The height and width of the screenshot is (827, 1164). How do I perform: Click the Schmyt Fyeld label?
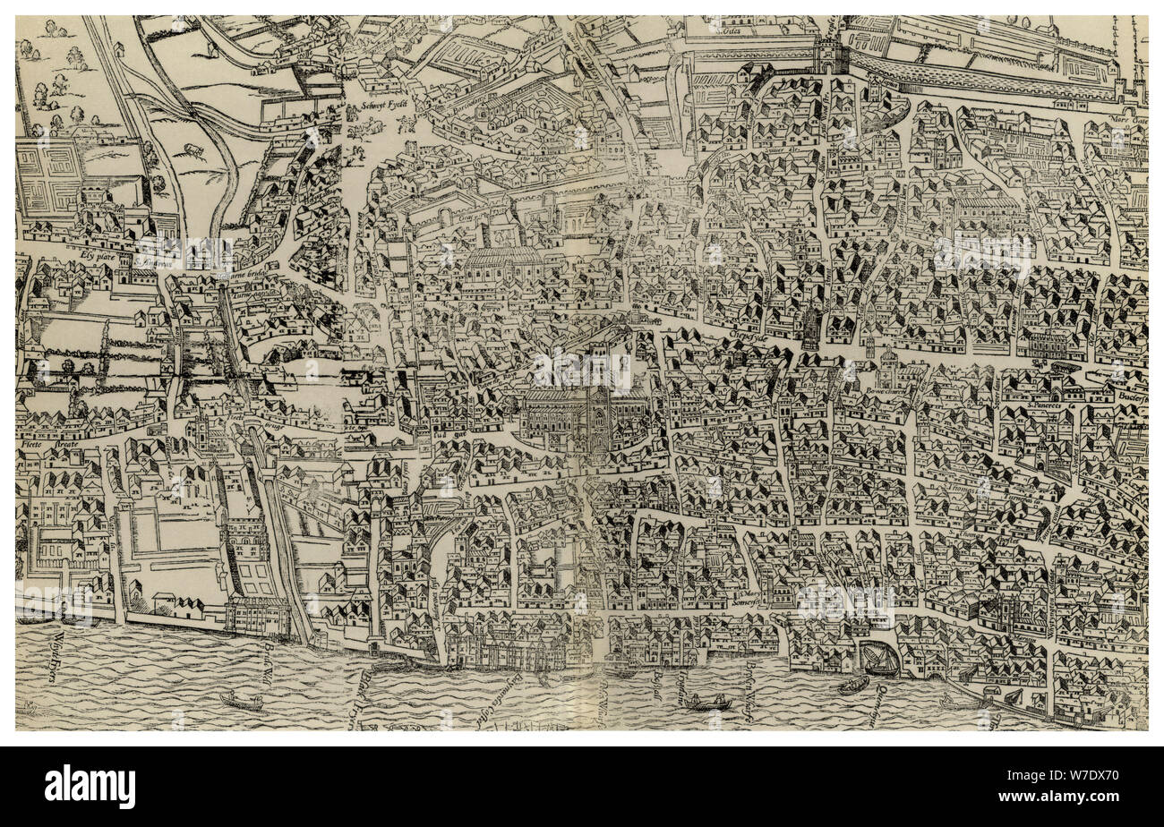385,104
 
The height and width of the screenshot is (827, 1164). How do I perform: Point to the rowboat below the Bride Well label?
241,702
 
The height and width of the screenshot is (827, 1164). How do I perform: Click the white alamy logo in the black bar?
90,787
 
